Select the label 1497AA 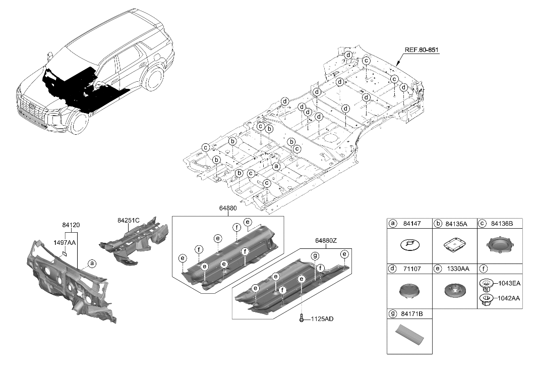pos(65,242)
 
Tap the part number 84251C pos(128,220)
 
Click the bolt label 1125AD pos(322,319)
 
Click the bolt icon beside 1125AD pos(302,318)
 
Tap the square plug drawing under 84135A pos(455,245)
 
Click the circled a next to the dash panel pos(91,263)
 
